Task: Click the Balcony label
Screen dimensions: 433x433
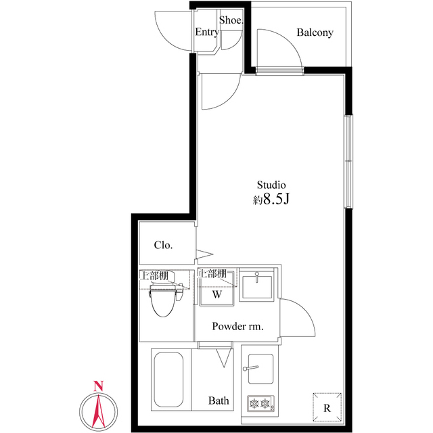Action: pos(315,32)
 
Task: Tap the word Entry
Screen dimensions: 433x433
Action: pos(207,32)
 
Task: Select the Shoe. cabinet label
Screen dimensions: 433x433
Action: pos(231,20)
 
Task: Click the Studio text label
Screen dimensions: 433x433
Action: pos(271,185)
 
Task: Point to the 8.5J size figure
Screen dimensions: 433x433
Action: pos(277,198)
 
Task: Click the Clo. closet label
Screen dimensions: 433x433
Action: pos(164,245)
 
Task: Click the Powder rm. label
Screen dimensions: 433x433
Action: pos(237,326)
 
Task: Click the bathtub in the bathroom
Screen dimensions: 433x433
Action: pos(168,379)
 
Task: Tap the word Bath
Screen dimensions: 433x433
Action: pos(219,401)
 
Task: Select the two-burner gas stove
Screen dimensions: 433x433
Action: pos(260,404)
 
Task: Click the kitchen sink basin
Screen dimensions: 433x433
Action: pos(260,369)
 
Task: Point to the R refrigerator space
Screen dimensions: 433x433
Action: pos(327,407)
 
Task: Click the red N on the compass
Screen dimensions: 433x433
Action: pos(98,386)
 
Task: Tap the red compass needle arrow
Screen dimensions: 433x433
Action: pos(98,410)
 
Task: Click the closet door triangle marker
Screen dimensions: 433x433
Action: pos(204,254)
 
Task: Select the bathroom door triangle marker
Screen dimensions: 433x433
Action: pos(224,358)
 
